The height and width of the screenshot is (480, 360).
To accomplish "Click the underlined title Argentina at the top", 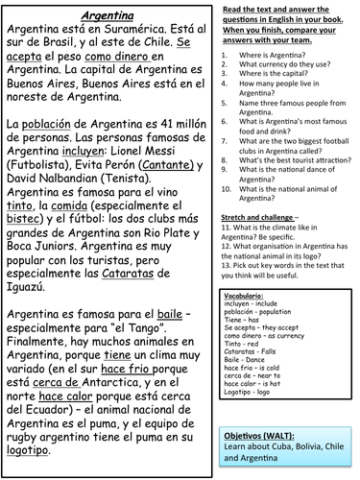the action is [107, 16].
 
